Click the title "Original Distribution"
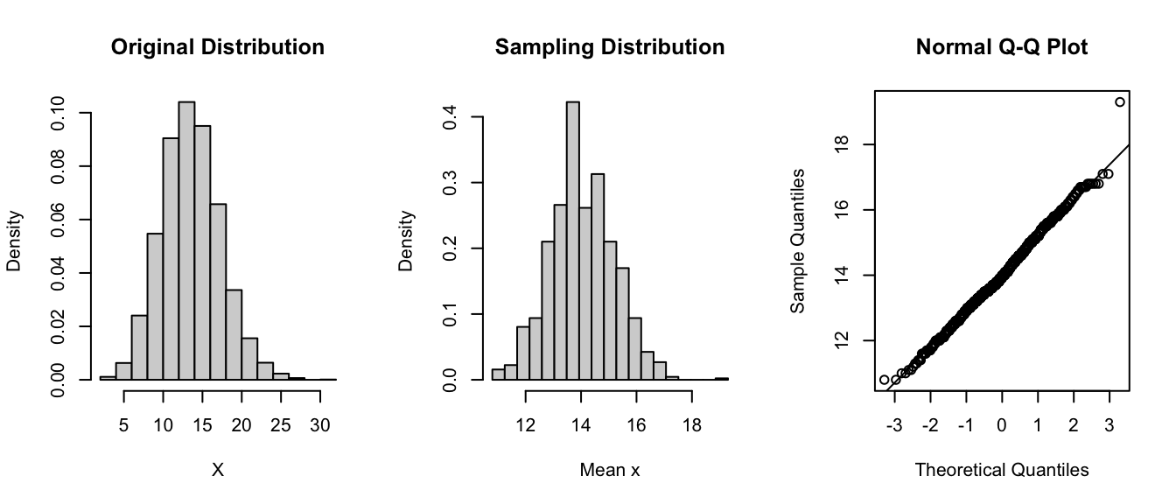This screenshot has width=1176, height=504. tap(218, 47)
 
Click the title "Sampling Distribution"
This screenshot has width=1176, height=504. tap(610, 47)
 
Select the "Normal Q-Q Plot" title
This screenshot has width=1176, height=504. tap(1002, 47)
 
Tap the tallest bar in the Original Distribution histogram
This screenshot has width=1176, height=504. tap(186, 241)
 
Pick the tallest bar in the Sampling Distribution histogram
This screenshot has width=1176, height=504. tap(573, 241)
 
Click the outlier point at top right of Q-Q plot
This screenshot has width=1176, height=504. tap(1120, 102)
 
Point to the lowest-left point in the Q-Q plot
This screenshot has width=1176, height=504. tap(884, 380)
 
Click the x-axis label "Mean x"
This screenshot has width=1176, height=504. tap(610, 470)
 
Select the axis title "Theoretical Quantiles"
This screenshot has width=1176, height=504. tap(1002, 470)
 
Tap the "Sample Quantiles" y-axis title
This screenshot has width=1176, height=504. tap(797, 241)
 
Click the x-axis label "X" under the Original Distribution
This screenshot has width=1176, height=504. tap(218, 470)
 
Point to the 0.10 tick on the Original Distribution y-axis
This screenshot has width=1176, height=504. tap(57, 113)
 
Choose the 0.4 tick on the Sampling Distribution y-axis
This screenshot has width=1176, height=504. tap(450, 116)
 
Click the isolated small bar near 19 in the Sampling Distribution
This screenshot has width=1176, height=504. tap(722, 378)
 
